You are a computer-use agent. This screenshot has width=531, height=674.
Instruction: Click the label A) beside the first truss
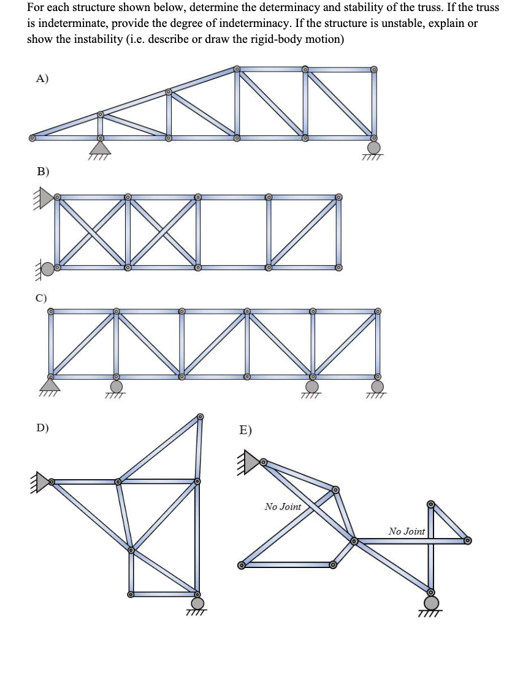42,78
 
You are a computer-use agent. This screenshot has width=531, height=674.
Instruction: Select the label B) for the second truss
43,172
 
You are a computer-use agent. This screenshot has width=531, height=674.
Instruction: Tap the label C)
40,298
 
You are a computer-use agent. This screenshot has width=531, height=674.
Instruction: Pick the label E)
245,430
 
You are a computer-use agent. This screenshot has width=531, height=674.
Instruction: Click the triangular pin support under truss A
100,147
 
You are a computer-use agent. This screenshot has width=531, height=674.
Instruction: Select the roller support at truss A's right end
373,148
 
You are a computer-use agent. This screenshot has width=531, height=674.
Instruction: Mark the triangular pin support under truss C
51,384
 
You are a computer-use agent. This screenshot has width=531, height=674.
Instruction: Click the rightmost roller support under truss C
378,386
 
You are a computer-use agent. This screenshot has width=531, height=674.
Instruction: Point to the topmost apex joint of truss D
200,417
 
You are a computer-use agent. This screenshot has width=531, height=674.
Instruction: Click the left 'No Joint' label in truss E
283,507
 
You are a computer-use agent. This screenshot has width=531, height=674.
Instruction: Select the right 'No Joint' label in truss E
407,531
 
